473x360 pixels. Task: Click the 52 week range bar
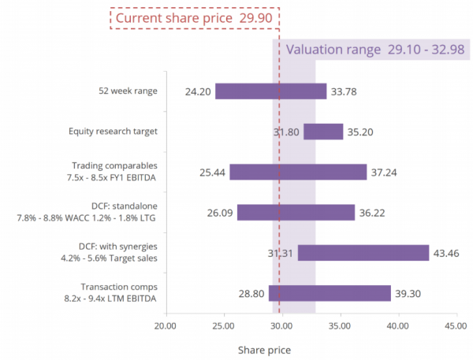click(x=270, y=91)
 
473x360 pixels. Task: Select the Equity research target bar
click(x=323, y=132)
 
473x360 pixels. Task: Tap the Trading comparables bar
click(x=298, y=172)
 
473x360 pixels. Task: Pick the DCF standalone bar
click(x=296, y=212)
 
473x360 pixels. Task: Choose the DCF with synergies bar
click(x=363, y=253)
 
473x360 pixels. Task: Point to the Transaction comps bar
click(x=330, y=293)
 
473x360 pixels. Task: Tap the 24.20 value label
click(x=198, y=91)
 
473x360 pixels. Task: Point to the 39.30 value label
click(x=408, y=293)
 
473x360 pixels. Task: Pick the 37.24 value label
click(x=384, y=172)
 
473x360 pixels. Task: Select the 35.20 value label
click(x=360, y=132)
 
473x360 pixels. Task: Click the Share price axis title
click(x=265, y=348)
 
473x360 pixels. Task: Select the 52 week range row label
click(x=123, y=91)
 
